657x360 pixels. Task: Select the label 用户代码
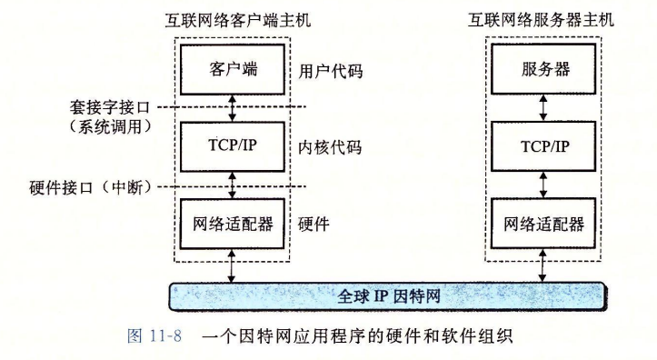tap(331, 70)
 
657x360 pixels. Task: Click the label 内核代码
tap(331, 146)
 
